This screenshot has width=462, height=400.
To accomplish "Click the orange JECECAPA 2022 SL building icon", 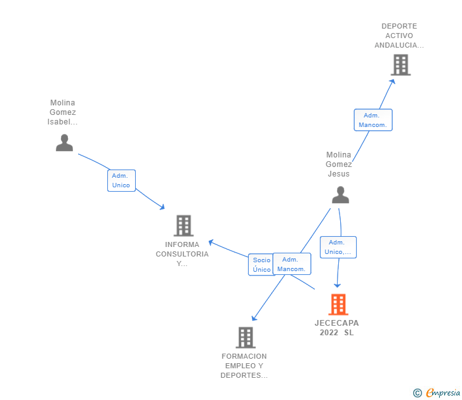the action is click(338, 305).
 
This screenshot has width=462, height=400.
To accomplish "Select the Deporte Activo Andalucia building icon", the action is click(400, 65).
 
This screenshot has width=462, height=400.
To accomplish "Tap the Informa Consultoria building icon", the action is click(183, 225).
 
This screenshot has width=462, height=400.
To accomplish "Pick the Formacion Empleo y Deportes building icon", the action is click(246, 337).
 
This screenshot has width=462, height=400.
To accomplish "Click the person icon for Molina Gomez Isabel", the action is click(64, 143).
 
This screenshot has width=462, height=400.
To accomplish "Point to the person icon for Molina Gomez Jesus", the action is click(340, 195).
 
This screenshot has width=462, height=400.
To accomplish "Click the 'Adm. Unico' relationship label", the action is click(121, 180).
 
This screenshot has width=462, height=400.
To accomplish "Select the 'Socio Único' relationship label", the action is click(261, 265).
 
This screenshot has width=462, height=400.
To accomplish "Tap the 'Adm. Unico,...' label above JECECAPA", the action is click(338, 247).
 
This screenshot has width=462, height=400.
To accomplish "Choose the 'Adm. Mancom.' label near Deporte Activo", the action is click(373, 120).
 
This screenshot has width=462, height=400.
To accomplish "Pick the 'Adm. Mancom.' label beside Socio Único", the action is click(291, 264).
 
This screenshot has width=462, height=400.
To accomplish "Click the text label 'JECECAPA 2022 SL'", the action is click(336, 328).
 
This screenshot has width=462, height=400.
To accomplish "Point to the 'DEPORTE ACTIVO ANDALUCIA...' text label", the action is click(399, 36).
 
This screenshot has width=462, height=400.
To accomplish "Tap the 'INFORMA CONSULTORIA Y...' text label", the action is click(182, 254).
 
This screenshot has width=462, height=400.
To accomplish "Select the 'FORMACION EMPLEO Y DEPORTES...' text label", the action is click(244, 366).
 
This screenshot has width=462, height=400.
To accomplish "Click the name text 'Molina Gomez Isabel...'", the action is click(63, 112).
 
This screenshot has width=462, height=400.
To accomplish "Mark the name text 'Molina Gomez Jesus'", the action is click(338, 164).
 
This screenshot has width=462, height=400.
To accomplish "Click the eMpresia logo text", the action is click(442, 393).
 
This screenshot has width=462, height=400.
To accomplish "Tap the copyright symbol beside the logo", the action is click(418, 393).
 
